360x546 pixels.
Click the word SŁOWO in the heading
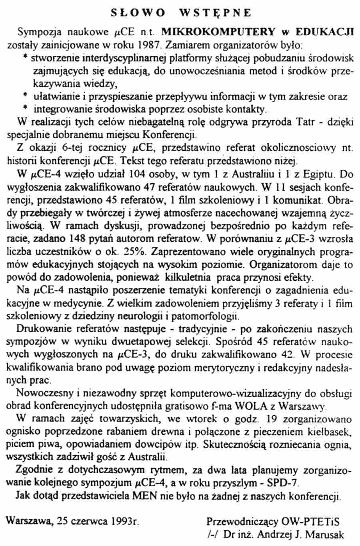138,13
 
